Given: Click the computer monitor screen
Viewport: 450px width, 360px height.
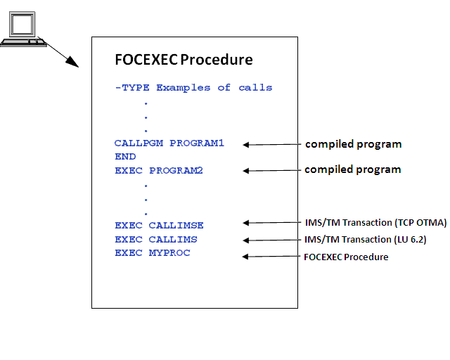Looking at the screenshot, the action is point(22,24).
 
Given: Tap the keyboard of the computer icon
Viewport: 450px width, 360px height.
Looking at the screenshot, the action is point(23,43).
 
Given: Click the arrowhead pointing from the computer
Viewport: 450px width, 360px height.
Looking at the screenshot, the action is point(72,62).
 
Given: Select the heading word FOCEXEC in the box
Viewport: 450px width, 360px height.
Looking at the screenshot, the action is point(146,60).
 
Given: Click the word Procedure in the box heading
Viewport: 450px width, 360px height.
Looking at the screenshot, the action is point(217,60).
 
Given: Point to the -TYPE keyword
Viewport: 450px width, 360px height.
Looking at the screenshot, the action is point(132,88).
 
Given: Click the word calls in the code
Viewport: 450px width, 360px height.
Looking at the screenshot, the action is point(255,88).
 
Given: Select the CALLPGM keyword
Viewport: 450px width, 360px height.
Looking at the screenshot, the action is point(139,143).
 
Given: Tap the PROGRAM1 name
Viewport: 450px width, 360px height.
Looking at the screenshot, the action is point(197,143).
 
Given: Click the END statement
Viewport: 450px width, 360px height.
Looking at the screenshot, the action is point(125,157).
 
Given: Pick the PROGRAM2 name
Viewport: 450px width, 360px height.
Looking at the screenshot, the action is point(176,171).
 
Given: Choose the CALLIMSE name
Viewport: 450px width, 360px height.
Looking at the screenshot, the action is point(176,226).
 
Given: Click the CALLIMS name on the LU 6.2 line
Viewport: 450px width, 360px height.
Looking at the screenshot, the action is point(173,240).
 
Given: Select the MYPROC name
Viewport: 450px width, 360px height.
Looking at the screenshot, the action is point(169,253).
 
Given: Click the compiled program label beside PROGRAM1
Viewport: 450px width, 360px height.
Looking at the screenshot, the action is point(353,144).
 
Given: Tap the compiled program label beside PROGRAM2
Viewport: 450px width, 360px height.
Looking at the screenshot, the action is point(353,169).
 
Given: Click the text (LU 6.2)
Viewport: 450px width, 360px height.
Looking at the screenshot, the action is point(411,240).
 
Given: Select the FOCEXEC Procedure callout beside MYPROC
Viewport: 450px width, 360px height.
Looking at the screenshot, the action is point(346,257).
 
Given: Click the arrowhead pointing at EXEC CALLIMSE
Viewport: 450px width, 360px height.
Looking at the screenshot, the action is point(246,223).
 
